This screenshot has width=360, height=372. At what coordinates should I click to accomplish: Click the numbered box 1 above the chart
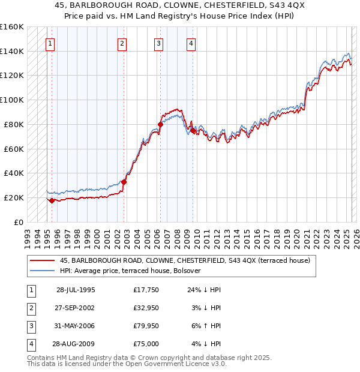(x=50, y=43)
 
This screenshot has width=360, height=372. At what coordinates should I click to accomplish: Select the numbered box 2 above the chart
(x=122, y=43)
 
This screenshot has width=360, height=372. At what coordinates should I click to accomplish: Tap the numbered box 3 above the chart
(x=158, y=43)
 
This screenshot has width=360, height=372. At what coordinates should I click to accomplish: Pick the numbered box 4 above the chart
(x=190, y=43)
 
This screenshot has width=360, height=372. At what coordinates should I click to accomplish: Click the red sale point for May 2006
(x=160, y=124)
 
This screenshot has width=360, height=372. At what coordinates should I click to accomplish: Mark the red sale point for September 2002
(x=124, y=182)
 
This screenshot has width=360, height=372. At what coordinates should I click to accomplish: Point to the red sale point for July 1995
(x=52, y=200)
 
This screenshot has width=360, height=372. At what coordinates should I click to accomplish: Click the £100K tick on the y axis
(x=12, y=100)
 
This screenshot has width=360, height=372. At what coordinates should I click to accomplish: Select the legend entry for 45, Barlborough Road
(x=185, y=260)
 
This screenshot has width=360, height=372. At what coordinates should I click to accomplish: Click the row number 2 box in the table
(x=30, y=308)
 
